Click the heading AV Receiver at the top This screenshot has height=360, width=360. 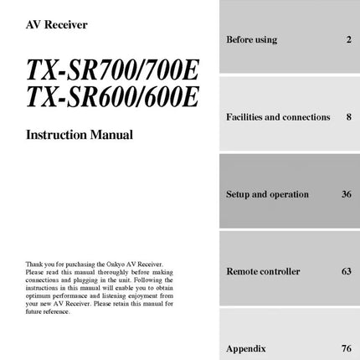57,24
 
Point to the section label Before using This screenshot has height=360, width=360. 251,39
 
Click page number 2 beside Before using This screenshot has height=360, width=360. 348,39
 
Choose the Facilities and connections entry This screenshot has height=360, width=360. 278,117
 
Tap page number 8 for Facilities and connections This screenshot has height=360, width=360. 348,117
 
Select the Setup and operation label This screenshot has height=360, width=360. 267,194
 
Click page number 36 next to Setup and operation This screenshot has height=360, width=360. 347,194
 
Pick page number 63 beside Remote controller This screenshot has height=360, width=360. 347,271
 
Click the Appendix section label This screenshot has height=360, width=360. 245,347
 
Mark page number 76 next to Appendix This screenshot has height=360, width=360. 347,347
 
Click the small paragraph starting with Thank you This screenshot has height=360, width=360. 100,287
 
